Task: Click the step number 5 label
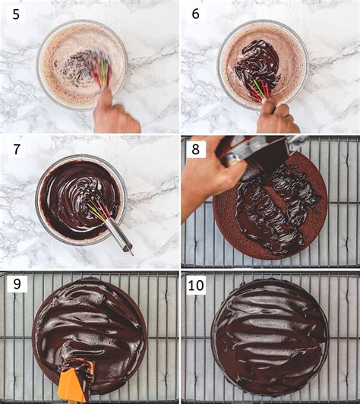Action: (x=14, y=13)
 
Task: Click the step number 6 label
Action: (x=194, y=13)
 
